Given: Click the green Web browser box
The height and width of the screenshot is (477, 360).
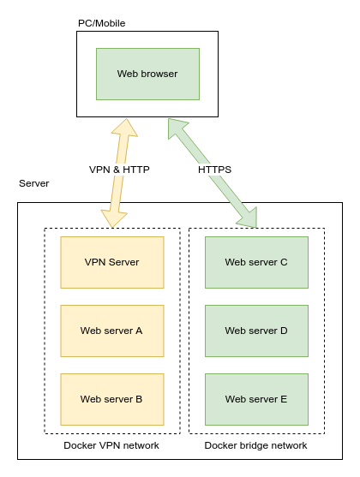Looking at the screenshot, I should pyautogui.click(x=147, y=74).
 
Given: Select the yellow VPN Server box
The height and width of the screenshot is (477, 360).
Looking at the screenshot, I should pyautogui.click(x=111, y=262).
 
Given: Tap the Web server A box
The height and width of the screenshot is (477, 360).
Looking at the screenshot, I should pyautogui.click(x=111, y=331).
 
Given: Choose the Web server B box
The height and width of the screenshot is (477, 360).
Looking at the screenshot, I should pyautogui.click(x=111, y=399).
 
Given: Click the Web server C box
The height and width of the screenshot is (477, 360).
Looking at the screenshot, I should pyautogui.click(x=256, y=262).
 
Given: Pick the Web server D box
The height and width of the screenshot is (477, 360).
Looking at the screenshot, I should pyautogui.click(x=256, y=331).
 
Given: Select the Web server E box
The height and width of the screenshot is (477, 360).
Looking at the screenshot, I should pyautogui.click(x=256, y=399).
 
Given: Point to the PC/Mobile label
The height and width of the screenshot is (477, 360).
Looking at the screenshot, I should pyautogui.click(x=101, y=23).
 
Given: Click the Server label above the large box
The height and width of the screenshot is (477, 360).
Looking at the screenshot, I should pyautogui.click(x=34, y=184).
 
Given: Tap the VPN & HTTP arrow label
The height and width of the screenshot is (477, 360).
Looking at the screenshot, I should pyautogui.click(x=119, y=170).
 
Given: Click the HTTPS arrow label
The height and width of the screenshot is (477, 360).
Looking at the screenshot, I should pyautogui.click(x=214, y=170).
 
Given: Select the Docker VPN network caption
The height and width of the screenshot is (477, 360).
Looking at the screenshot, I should pyautogui.click(x=111, y=446).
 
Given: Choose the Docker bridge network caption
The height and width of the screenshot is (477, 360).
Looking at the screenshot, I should pyautogui.click(x=255, y=446).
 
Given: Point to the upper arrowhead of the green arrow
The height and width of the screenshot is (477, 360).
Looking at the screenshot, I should pyautogui.click(x=177, y=128).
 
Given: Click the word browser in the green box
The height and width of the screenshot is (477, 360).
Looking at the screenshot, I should pyautogui.click(x=160, y=74).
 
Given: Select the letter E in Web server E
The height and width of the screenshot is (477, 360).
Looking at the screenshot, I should pyautogui.click(x=283, y=399).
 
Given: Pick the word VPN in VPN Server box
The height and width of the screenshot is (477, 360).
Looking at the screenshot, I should pyautogui.click(x=95, y=262).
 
